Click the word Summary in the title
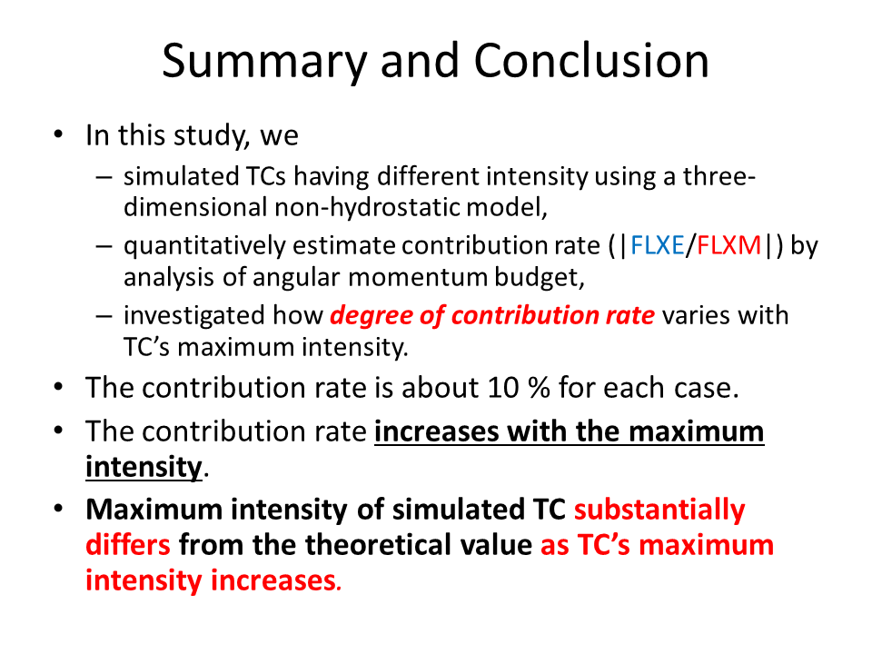pyautogui.click(x=264, y=62)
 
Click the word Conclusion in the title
pyautogui.click(x=591, y=61)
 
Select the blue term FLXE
pyautogui.click(x=658, y=245)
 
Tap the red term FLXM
pyautogui.click(x=728, y=245)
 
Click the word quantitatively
pyautogui.click(x=204, y=246)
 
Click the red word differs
pyautogui.click(x=128, y=544)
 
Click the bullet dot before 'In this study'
pyautogui.click(x=58, y=134)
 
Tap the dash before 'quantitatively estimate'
pyautogui.click(x=104, y=246)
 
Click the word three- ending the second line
pyautogui.click(x=719, y=176)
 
